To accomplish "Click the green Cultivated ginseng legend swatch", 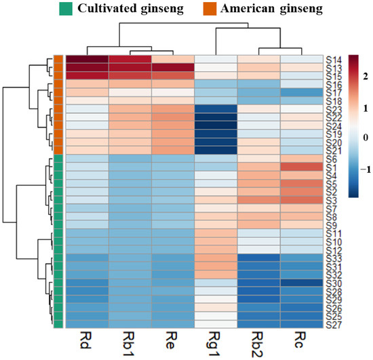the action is pos(66,9).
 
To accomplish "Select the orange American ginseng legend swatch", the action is pos(210,9).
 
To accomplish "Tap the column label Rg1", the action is pos(214,344).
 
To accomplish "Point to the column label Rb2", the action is pos(258,344).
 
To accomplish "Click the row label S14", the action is pos(334,60).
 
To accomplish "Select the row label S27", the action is pos(334,325).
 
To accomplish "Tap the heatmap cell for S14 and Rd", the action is pos(87,59).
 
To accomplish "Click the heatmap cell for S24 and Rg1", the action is pos(216,125).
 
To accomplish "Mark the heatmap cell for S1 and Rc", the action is pos(302,167).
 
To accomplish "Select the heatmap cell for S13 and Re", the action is pos(173,67).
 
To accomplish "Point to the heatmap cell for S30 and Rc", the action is pos(302,283).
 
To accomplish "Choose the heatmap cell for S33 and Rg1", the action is pos(216,258).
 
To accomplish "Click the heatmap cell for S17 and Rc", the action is pos(302,92).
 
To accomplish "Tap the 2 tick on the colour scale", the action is pos(366,77).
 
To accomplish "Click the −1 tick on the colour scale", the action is pos(366,169).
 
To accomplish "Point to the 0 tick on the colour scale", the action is pos(366,138).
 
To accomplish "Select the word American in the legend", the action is pos(248,9).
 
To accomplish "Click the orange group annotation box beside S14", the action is pos(58,59).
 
